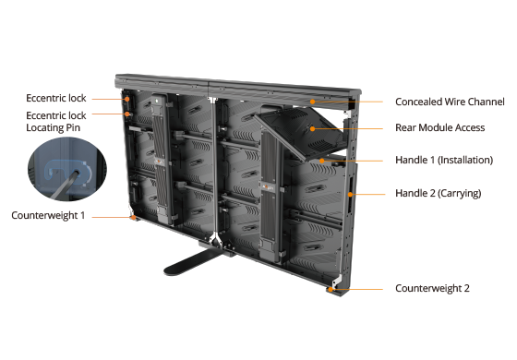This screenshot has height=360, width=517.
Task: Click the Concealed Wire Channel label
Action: tap(450, 102)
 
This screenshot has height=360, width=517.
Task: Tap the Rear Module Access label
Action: tap(439, 127)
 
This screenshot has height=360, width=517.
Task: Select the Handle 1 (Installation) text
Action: tap(444, 161)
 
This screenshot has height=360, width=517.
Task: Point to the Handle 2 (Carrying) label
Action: tap(439, 193)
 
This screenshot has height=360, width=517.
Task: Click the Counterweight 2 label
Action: tap(432, 288)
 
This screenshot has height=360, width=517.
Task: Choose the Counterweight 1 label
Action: tap(48, 215)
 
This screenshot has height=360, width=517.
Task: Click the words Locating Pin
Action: tap(54, 127)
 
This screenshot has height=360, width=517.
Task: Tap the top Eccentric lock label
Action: tap(56, 98)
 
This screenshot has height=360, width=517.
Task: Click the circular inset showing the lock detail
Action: tap(67, 169)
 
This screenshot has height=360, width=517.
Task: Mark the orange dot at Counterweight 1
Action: tap(133, 217)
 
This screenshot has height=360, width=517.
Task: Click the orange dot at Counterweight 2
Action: tap(331, 290)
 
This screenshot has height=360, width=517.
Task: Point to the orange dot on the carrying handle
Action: tap(350, 194)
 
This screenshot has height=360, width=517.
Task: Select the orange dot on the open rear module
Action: tap(312, 128)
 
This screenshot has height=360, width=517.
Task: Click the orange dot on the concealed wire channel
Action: tap(312, 102)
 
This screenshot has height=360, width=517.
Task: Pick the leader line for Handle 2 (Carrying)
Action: tap(367, 194)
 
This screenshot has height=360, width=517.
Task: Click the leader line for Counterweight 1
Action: tap(113, 217)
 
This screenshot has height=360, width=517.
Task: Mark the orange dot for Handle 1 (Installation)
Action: tap(321, 161)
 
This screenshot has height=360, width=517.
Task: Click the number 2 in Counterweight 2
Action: tap(466, 288)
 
